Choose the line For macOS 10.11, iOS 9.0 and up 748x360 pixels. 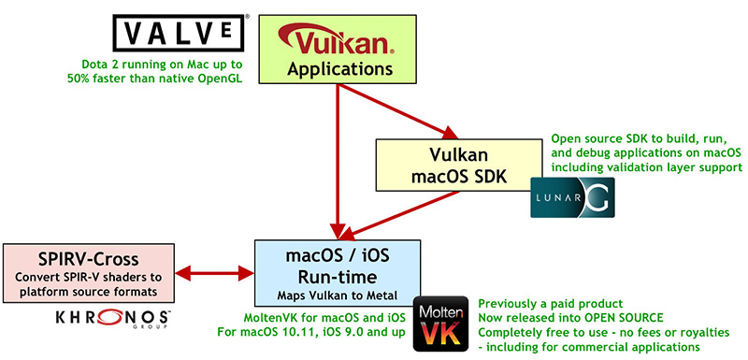coord(313,332)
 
